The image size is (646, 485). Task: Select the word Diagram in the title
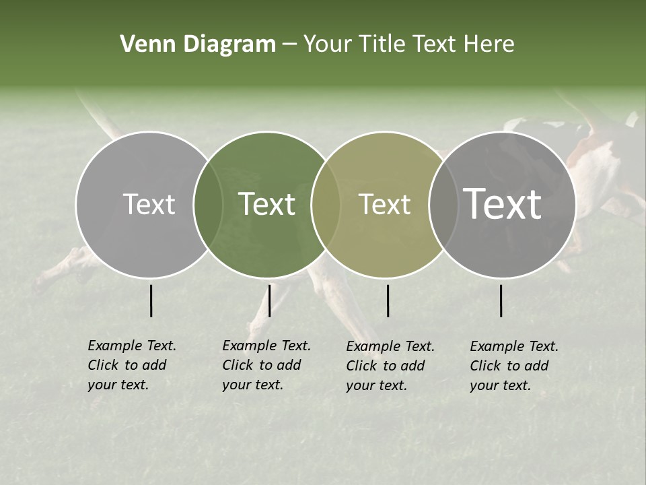point(229,44)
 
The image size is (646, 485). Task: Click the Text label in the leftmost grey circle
point(149,204)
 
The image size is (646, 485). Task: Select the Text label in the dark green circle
point(266,204)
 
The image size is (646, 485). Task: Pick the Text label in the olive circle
point(384,204)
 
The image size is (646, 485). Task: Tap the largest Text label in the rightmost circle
point(502,204)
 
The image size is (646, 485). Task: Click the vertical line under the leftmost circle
point(151,300)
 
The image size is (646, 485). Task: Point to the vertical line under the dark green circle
point(269,300)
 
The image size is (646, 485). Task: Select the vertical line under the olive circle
point(388,300)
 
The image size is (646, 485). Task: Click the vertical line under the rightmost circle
point(501,300)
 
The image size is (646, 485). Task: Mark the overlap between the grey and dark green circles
point(208,204)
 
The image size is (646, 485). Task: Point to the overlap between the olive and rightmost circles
point(440,204)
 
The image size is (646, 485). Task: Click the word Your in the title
point(328,44)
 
